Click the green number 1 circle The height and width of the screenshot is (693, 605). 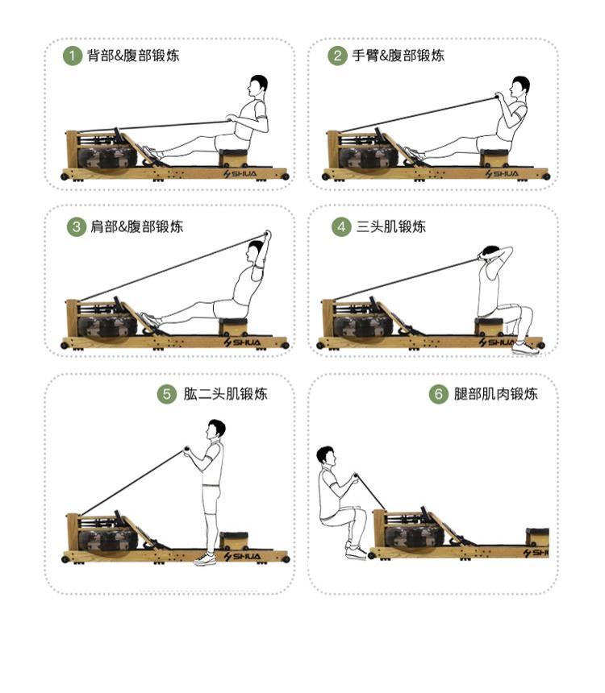tap(73, 56)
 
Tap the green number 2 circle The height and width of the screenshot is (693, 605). tap(337, 56)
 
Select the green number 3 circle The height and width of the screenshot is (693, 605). tap(76, 226)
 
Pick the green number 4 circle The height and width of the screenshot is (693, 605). tap(341, 226)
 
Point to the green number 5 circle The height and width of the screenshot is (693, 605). tap(167, 393)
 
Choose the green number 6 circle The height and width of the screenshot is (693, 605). tap(439, 393)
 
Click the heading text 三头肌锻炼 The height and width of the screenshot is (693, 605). tap(390, 226)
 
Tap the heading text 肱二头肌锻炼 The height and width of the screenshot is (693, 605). tap(225, 393)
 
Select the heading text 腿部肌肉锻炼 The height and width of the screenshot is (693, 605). tap(495, 393)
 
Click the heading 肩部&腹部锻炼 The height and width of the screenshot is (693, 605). tap(137, 226)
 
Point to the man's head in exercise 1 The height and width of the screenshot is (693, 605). tap(257, 86)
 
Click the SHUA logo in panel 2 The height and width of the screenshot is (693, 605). tap(502, 174)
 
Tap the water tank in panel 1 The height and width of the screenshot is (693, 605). tap(106, 157)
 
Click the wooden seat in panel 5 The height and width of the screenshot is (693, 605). tap(234, 541)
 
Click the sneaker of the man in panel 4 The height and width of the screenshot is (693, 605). tap(525, 349)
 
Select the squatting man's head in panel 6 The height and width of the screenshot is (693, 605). tap(327, 457)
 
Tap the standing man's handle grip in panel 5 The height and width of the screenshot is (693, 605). tap(187, 451)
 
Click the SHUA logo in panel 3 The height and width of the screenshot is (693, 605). tap(242, 342)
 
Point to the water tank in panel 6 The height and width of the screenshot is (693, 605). tap(414, 536)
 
